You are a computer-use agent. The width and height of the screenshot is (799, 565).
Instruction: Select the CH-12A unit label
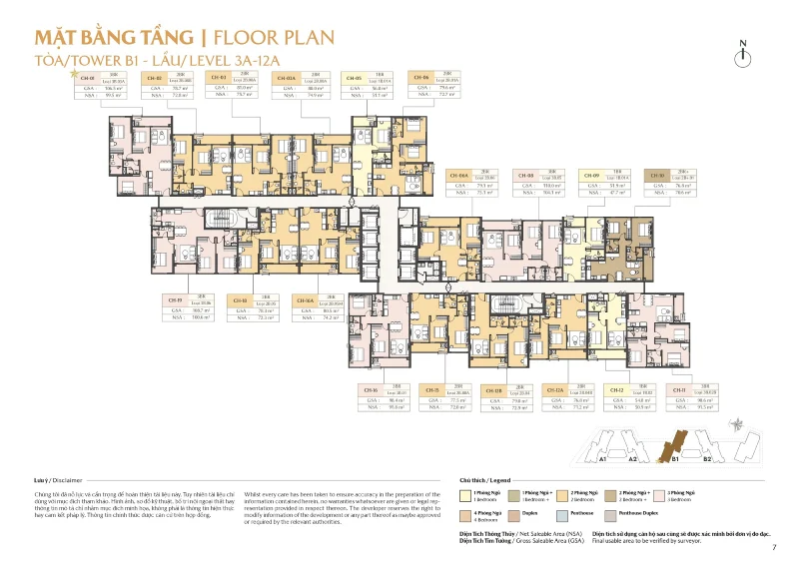(555, 389)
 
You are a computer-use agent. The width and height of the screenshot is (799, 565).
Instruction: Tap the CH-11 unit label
(679, 389)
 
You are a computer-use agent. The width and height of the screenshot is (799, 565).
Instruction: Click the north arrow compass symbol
(742, 56)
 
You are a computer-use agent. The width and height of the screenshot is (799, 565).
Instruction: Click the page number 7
(774, 547)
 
